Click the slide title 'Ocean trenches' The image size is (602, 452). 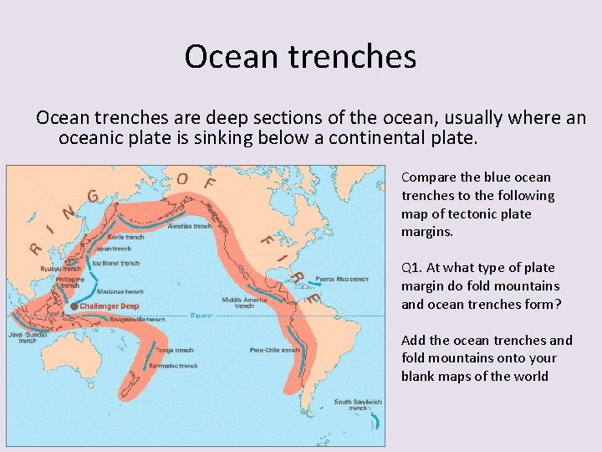click(x=300, y=56)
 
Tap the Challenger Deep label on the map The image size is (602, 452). click(x=110, y=306)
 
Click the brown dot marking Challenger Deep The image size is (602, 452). click(x=74, y=306)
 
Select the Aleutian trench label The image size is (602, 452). click(x=190, y=226)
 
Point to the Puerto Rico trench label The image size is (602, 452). click(x=341, y=279)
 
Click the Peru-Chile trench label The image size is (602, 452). click(x=275, y=350)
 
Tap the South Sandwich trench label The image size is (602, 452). click(x=358, y=404)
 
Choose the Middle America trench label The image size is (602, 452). click(x=243, y=302)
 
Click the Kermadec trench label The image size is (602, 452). click(x=173, y=366)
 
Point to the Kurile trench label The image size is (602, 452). click(x=125, y=237)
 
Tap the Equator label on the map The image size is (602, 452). click(x=202, y=316)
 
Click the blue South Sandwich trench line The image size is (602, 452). click(x=380, y=419)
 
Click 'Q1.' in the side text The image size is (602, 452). click(x=411, y=268)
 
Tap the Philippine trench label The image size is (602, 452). click(x=72, y=282)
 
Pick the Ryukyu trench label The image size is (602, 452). click(x=61, y=269)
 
